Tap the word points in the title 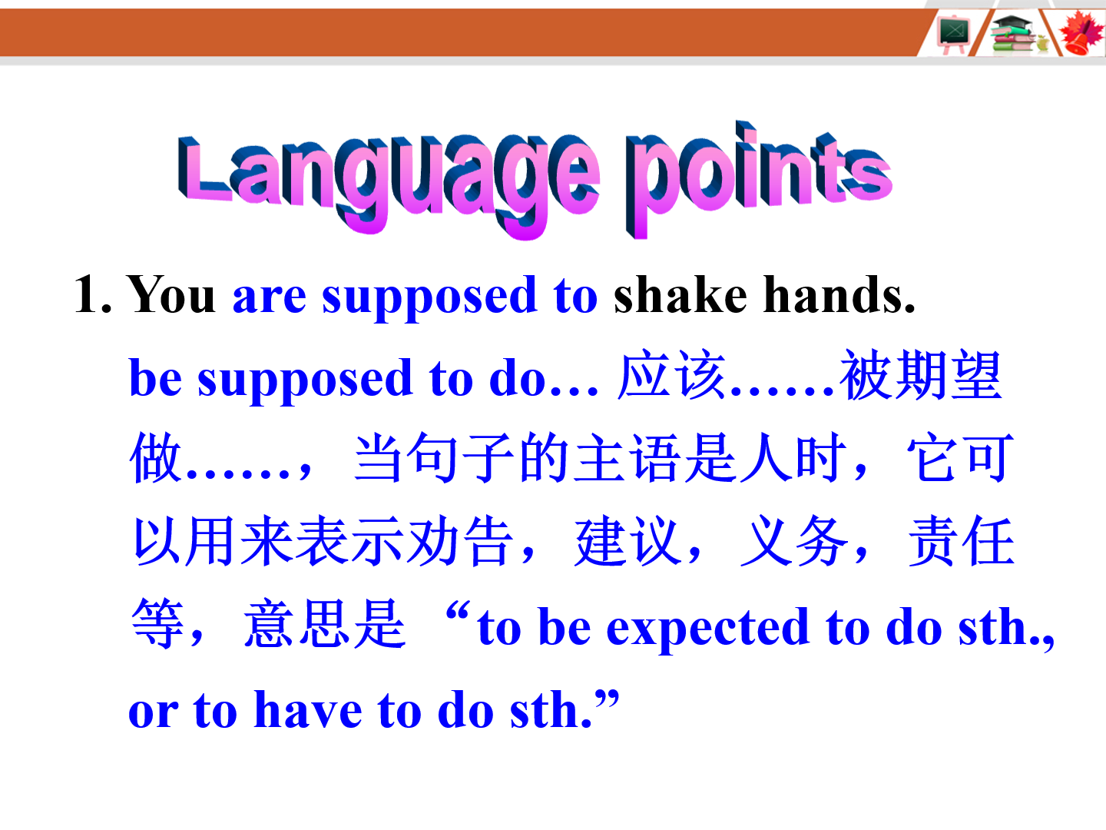pyautogui.click(x=759, y=179)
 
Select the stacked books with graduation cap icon pyautogui.click(x=1014, y=35)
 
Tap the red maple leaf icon pyautogui.click(x=1081, y=33)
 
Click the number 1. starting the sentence pyautogui.click(x=93, y=294)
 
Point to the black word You pyautogui.click(x=171, y=294)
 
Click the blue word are pyautogui.click(x=269, y=297)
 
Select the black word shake pyautogui.click(x=680, y=294)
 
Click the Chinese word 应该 pyautogui.click(x=671, y=375)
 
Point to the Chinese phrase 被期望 pyautogui.click(x=920, y=375)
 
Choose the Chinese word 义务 pyautogui.click(x=794, y=541)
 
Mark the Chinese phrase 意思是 pyautogui.click(x=324, y=624)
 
